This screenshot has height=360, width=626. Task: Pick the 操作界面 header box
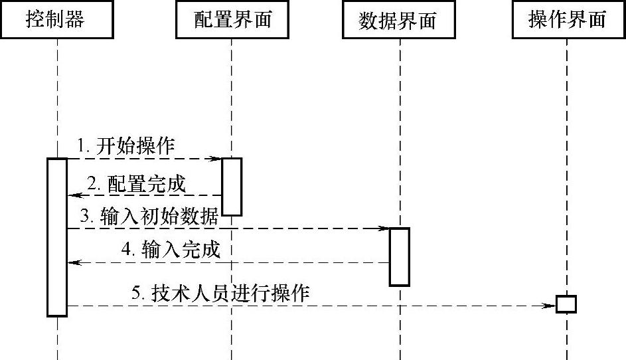(568, 20)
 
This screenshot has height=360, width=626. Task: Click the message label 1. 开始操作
(126, 146)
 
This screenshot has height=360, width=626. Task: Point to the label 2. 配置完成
(137, 184)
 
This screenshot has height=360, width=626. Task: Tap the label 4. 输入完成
(171, 250)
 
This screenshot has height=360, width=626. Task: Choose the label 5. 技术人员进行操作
(220, 293)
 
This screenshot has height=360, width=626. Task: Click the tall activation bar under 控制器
(57, 236)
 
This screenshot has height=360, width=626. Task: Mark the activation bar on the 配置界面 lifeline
(232, 186)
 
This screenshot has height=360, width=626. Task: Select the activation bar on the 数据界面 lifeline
(399, 256)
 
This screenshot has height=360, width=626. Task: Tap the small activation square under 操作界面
(566, 304)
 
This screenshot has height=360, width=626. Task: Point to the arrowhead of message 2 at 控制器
(73, 195)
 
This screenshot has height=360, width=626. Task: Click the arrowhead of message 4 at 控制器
(73, 262)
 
